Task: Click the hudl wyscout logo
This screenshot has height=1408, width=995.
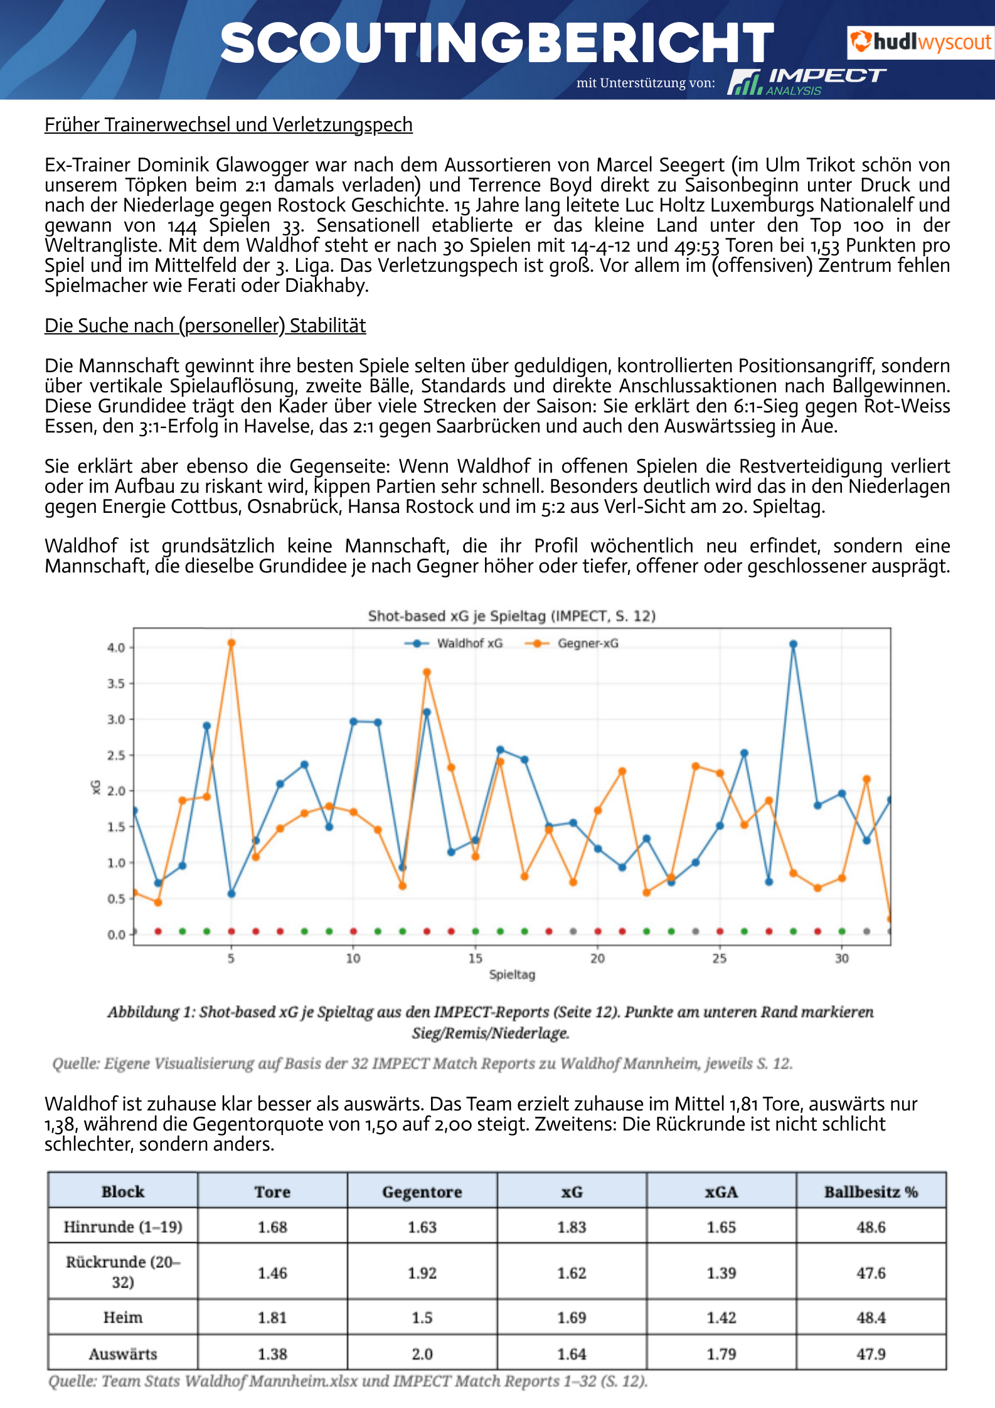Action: tap(920, 42)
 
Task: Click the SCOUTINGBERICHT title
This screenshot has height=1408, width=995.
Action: tap(497, 43)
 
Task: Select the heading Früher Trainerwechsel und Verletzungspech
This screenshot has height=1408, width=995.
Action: tap(228, 125)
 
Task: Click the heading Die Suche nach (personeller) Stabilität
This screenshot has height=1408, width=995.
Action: tap(205, 326)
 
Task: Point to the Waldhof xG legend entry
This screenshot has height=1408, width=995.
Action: tap(454, 643)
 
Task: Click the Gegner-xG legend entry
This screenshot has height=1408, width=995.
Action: tap(573, 643)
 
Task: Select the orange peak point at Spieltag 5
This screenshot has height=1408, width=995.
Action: tap(231, 643)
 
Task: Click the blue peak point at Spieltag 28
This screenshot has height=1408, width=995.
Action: tap(793, 644)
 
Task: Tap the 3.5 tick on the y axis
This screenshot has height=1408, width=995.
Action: tap(116, 684)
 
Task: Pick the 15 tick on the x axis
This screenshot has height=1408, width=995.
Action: tap(475, 959)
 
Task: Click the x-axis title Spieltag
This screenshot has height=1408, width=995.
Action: tap(512, 975)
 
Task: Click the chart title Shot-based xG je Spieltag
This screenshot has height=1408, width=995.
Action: tap(511, 616)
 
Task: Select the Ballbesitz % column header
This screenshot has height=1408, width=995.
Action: tap(871, 1192)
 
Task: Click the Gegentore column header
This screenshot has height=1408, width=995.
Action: tap(422, 1192)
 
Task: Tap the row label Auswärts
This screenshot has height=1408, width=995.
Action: tap(123, 1354)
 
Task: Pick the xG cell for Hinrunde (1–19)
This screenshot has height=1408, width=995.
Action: tap(572, 1227)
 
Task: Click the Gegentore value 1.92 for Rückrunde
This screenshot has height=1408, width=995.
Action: tap(422, 1273)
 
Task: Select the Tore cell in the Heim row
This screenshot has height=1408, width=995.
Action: tap(272, 1318)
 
